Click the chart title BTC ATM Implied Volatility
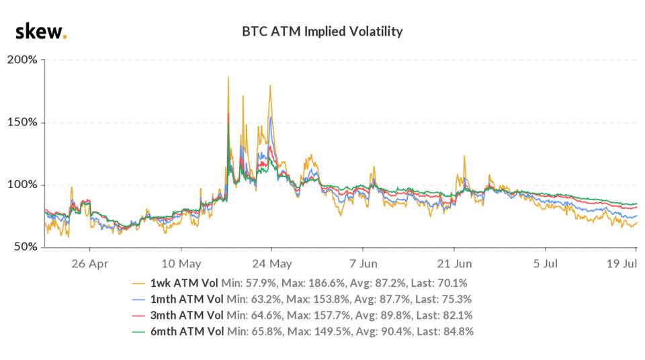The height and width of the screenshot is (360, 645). click(322, 31)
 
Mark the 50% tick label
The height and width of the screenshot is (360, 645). click(26, 248)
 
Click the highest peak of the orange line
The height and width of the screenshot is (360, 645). click(228, 77)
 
